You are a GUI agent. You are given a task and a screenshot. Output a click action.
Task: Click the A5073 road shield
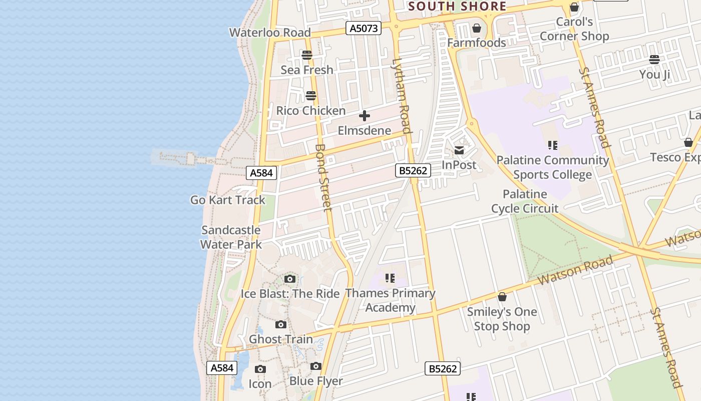pyautogui.click(x=364, y=28)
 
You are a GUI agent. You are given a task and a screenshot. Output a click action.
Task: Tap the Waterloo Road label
pyautogui.click(x=270, y=33)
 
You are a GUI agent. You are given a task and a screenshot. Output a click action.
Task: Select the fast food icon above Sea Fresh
pyautogui.click(x=307, y=55)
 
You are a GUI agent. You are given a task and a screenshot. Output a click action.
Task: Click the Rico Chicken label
pyautogui.click(x=311, y=110)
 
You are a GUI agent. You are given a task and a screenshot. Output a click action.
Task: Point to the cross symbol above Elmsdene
pyautogui.click(x=365, y=116)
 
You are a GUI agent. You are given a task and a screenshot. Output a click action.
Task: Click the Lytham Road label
pyautogui.click(x=402, y=96)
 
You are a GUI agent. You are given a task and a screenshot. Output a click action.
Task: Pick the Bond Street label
pyautogui.click(x=324, y=177)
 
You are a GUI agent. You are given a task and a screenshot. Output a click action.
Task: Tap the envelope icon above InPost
pyautogui.click(x=459, y=150)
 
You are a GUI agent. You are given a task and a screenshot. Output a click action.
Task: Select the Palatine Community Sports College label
pyautogui.click(x=553, y=167)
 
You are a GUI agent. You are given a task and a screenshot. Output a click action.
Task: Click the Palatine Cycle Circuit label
pyautogui.click(x=525, y=201)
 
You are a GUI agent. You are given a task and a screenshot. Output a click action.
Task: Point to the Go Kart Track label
pyautogui.click(x=228, y=199)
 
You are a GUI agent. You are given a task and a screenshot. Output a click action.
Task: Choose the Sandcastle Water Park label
pyautogui.click(x=231, y=237)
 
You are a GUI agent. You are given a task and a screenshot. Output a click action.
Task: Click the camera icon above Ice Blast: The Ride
pyautogui.click(x=290, y=279)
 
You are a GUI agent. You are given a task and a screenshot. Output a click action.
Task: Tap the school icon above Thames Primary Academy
pyautogui.click(x=390, y=278)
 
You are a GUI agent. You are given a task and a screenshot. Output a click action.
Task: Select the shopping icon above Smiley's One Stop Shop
pyautogui.click(x=502, y=297)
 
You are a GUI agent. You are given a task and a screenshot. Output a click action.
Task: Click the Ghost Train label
pyautogui.click(x=281, y=339)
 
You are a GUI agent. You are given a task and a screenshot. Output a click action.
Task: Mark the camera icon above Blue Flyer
pyautogui.click(x=316, y=366)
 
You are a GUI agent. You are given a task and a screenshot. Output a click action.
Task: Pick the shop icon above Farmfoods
pyautogui.click(x=477, y=28)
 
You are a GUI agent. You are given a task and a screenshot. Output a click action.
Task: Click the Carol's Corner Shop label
pyautogui.click(x=574, y=29)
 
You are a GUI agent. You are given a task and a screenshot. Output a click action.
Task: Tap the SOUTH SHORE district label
pyautogui.click(x=457, y=7)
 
